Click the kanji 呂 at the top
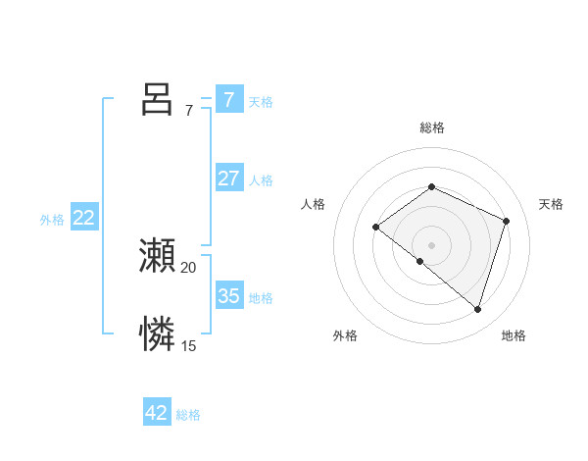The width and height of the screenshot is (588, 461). tap(157, 99)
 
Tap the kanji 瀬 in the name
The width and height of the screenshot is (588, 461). tap(157, 256)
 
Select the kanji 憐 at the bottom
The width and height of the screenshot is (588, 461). tap(157, 334)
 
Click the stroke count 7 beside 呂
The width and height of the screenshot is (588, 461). tap(189, 111)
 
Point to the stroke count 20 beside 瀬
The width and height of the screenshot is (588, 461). tap(189, 268)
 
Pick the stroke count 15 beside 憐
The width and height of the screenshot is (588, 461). tap(189, 346)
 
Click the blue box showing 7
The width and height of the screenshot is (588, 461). tap(228, 99)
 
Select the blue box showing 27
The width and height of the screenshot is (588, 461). tap(228, 179)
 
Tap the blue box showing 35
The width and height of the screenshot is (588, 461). tap(228, 295)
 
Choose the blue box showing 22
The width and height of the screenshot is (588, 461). tap(83, 218)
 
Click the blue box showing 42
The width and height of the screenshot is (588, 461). tap(157, 413)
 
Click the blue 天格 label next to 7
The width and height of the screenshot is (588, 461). tap(261, 101)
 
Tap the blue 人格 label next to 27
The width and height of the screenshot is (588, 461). tap(261, 180)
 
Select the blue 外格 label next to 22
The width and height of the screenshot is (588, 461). tap(52, 220)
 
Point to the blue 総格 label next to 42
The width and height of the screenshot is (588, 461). tap(188, 415)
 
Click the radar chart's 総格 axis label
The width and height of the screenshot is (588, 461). tap(432, 128)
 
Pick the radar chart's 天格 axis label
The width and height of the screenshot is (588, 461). tap(551, 204)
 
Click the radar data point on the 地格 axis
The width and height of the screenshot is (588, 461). tap(478, 309)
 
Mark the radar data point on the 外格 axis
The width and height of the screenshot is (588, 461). tap(420, 261)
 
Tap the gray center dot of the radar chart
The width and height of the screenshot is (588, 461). tap(432, 244)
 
